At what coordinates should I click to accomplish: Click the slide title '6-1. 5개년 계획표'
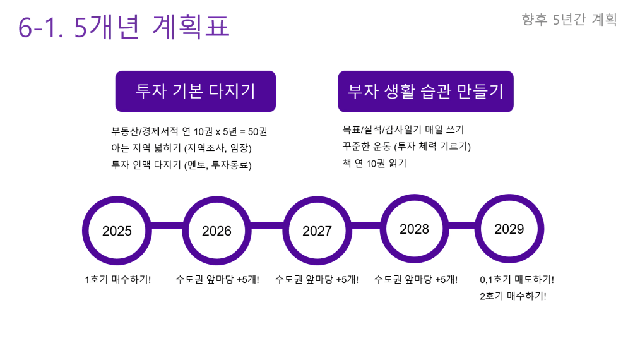click(x=124, y=27)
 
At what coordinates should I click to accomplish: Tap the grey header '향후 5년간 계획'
click(x=569, y=19)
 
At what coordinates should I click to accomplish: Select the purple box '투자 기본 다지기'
click(x=196, y=91)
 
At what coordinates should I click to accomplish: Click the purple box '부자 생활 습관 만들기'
click(x=425, y=91)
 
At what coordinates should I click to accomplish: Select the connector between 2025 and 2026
click(x=167, y=225)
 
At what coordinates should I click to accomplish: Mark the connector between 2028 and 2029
click(x=461, y=225)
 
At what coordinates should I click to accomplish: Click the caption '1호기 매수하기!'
click(x=117, y=280)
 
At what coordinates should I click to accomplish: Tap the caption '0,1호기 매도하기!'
click(x=517, y=280)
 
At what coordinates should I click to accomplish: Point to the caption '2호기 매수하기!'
click(x=513, y=296)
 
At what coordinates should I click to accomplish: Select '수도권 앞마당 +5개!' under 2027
click(x=317, y=280)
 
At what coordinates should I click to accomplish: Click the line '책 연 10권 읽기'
click(x=374, y=164)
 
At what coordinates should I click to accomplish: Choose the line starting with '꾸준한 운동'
click(x=406, y=147)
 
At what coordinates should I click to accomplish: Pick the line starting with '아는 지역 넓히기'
click(x=181, y=148)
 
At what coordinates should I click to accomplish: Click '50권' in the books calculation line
click(x=258, y=131)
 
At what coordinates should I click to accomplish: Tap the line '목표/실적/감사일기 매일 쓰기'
click(x=403, y=129)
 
